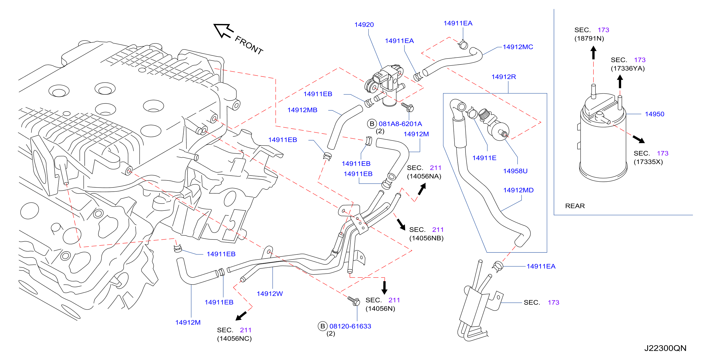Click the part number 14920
pos(364,25)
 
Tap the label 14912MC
pos(518,47)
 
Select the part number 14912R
pos(504,77)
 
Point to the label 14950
pos(654,114)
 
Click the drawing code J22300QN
pos(665,348)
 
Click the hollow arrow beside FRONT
pos(223,31)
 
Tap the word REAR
pos(575,206)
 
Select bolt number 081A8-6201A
pos(400,124)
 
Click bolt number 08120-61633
pos(350,326)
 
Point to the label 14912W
pos(270,294)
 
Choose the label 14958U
pos(515,171)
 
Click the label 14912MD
pos(518,190)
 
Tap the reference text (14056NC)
pos(234,339)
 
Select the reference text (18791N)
pos(589,39)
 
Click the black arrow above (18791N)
pos(594,53)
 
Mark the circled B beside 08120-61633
pos(322,326)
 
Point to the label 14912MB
pos(302,110)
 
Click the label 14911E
pos(484,158)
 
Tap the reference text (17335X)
pos(648,162)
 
